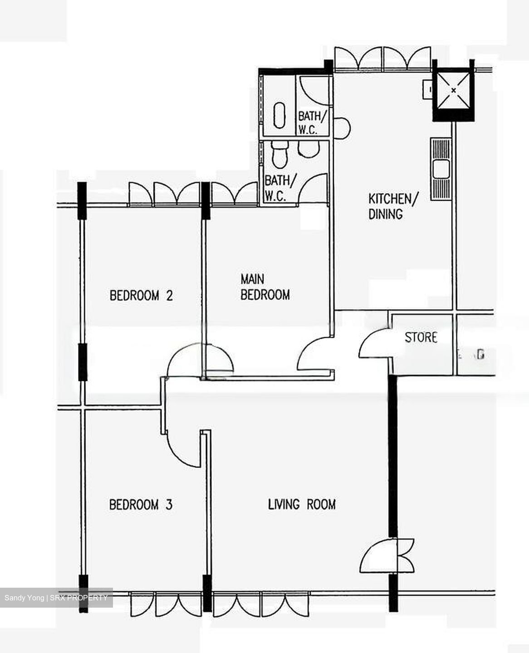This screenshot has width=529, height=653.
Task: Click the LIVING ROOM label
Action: (x=302, y=504)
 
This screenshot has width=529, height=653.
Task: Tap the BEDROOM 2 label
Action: (x=141, y=296)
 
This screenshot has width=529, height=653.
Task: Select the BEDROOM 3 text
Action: (x=141, y=504)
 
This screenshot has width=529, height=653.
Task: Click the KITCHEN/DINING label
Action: (x=393, y=206)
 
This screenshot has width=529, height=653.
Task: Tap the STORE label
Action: (x=421, y=337)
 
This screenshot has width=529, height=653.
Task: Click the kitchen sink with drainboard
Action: (x=441, y=169)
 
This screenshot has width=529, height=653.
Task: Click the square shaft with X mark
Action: (x=454, y=91)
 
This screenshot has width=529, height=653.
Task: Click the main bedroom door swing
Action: (x=314, y=356)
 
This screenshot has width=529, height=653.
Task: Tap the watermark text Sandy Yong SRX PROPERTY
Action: (x=56, y=598)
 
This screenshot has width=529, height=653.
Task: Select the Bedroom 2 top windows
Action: (x=164, y=194)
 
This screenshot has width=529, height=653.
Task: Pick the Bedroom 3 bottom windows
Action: (x=166, y=605)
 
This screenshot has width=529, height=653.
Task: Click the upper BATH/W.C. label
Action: (x=312, y=122)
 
